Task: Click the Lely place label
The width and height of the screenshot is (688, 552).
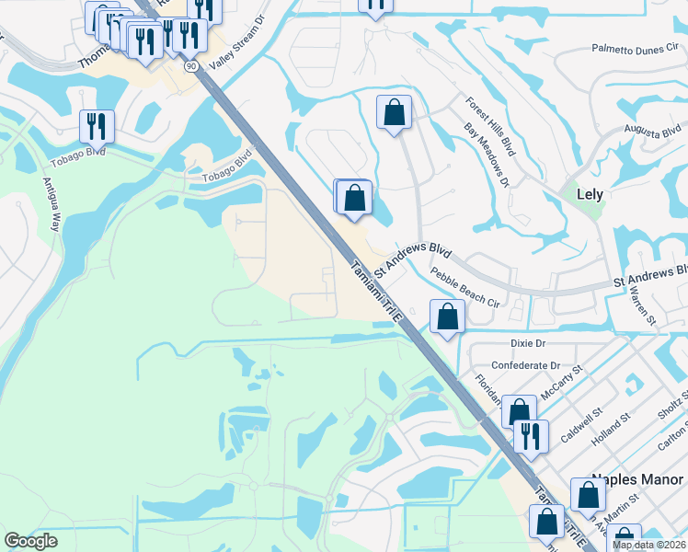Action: [589, 194]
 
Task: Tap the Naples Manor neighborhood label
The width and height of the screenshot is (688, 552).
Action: [638, 480]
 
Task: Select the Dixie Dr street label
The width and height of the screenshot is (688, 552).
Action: [528, 342]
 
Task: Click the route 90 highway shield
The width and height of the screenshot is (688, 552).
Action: [191, 66]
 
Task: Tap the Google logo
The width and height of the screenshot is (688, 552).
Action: [30, 540]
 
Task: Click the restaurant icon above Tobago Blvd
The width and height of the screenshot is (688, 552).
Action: [97, 126]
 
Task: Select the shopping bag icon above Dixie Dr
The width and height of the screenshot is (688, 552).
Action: [447, 317]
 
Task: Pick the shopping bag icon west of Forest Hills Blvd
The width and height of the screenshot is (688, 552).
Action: [394, 113]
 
